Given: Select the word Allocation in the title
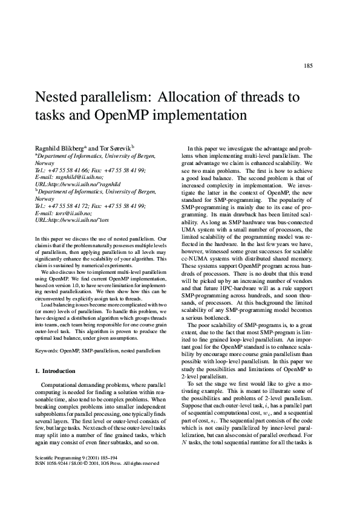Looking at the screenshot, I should [x=198, y=97].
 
